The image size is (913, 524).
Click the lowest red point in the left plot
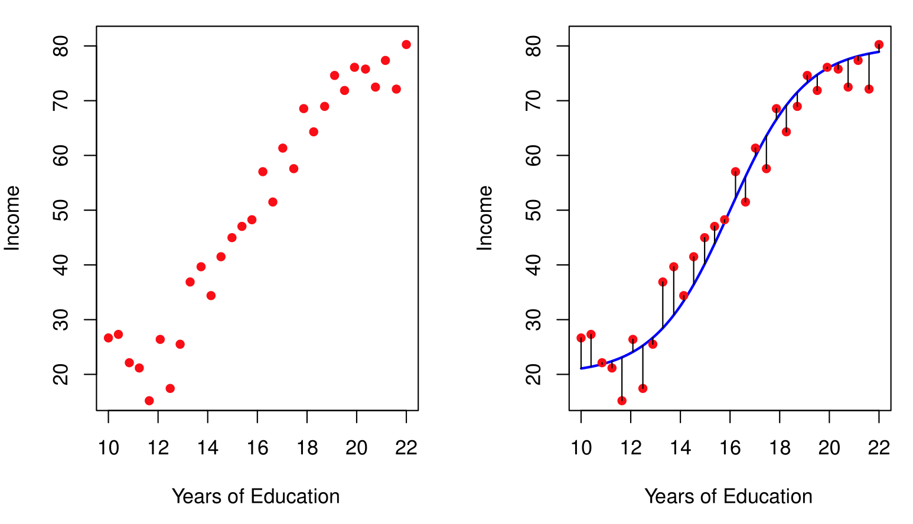pyautogui.click(x=149, y=401)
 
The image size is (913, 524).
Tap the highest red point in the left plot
pyautogui.click(x=406, y=44)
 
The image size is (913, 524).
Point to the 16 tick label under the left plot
pyautogui.click(x=257, y=448)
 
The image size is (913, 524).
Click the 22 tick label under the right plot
pyautogui.click(x=879, y=448)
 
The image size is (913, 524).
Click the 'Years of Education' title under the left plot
pyautogui.click(x=256, y=496)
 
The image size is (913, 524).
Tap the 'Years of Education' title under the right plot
pyautogui.click(x=728, y=496)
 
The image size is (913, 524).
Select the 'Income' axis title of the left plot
pyautogui.click(x=12, y=218)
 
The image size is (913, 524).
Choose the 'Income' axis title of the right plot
pyautogui.click(x=485, y=218)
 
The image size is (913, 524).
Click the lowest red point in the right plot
pyautogui.click(x=622, y=401)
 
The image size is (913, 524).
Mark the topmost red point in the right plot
pyautogui.click(x=879, y=44)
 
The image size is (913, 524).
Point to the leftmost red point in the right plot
pyautogui.click(x=581, y=338)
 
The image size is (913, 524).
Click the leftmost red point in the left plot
pyautogui.click(x=108, y=338)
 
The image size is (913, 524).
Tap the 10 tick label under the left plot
pyautogui.click(x=109, y=448)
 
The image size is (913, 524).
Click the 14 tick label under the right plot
pyautogui.click(x=680, y=448)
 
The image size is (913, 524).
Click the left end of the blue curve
pyautogui.click(x=582, y=368)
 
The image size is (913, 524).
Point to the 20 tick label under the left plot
pyautogui.click(x=357, y=448)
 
